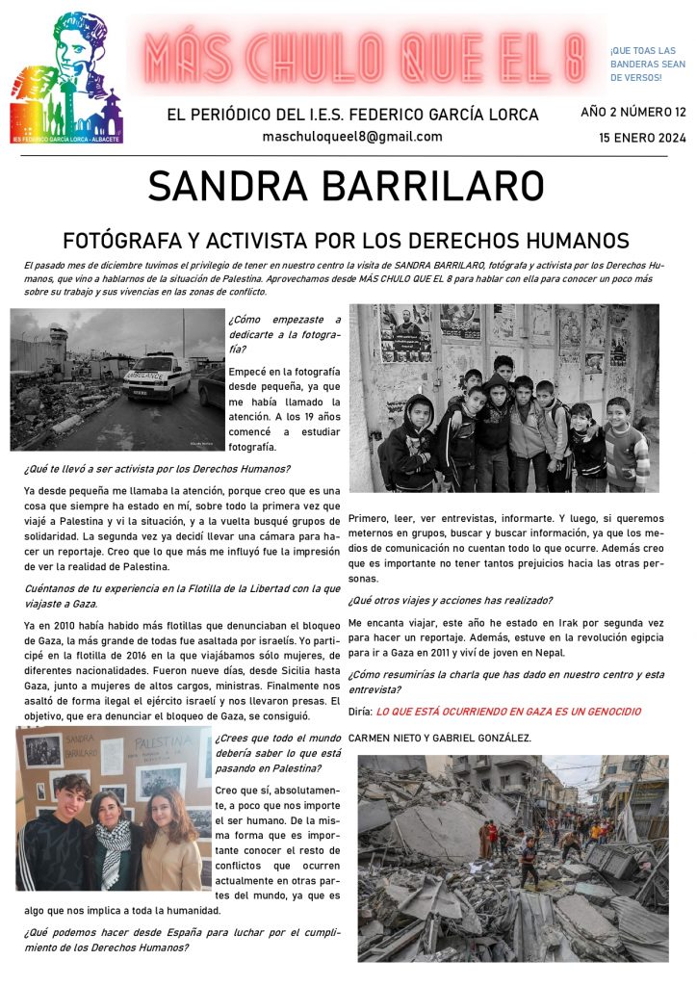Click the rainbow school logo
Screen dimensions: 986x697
(67, 77)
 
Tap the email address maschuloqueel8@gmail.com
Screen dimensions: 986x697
(352, 137)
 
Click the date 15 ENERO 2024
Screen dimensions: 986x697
(642, 138)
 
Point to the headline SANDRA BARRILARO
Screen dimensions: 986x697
(347, 187)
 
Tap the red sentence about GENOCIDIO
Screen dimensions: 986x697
(508, 711)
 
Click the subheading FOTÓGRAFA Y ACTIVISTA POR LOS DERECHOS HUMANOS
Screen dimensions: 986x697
(347, 240)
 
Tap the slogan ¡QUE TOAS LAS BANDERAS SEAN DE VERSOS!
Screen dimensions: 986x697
(643, 64)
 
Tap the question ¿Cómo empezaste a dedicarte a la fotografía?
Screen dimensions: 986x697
(284, 334)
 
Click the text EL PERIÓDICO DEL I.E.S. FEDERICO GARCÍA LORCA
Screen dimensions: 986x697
(352, 115)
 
